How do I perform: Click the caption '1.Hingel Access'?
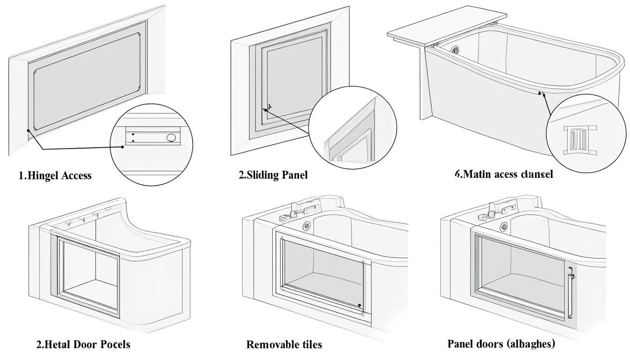click(55, 176)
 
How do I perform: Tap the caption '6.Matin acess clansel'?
click(503, 174)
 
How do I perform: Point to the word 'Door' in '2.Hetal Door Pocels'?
click(87, 345)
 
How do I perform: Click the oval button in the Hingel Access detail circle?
click(171, 137)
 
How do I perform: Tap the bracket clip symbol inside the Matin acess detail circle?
click(577, 139)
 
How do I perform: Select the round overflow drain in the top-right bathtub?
click(455, 49)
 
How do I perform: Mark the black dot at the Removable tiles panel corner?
click(360, 306)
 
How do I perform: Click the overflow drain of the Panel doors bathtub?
click(504, 226)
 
